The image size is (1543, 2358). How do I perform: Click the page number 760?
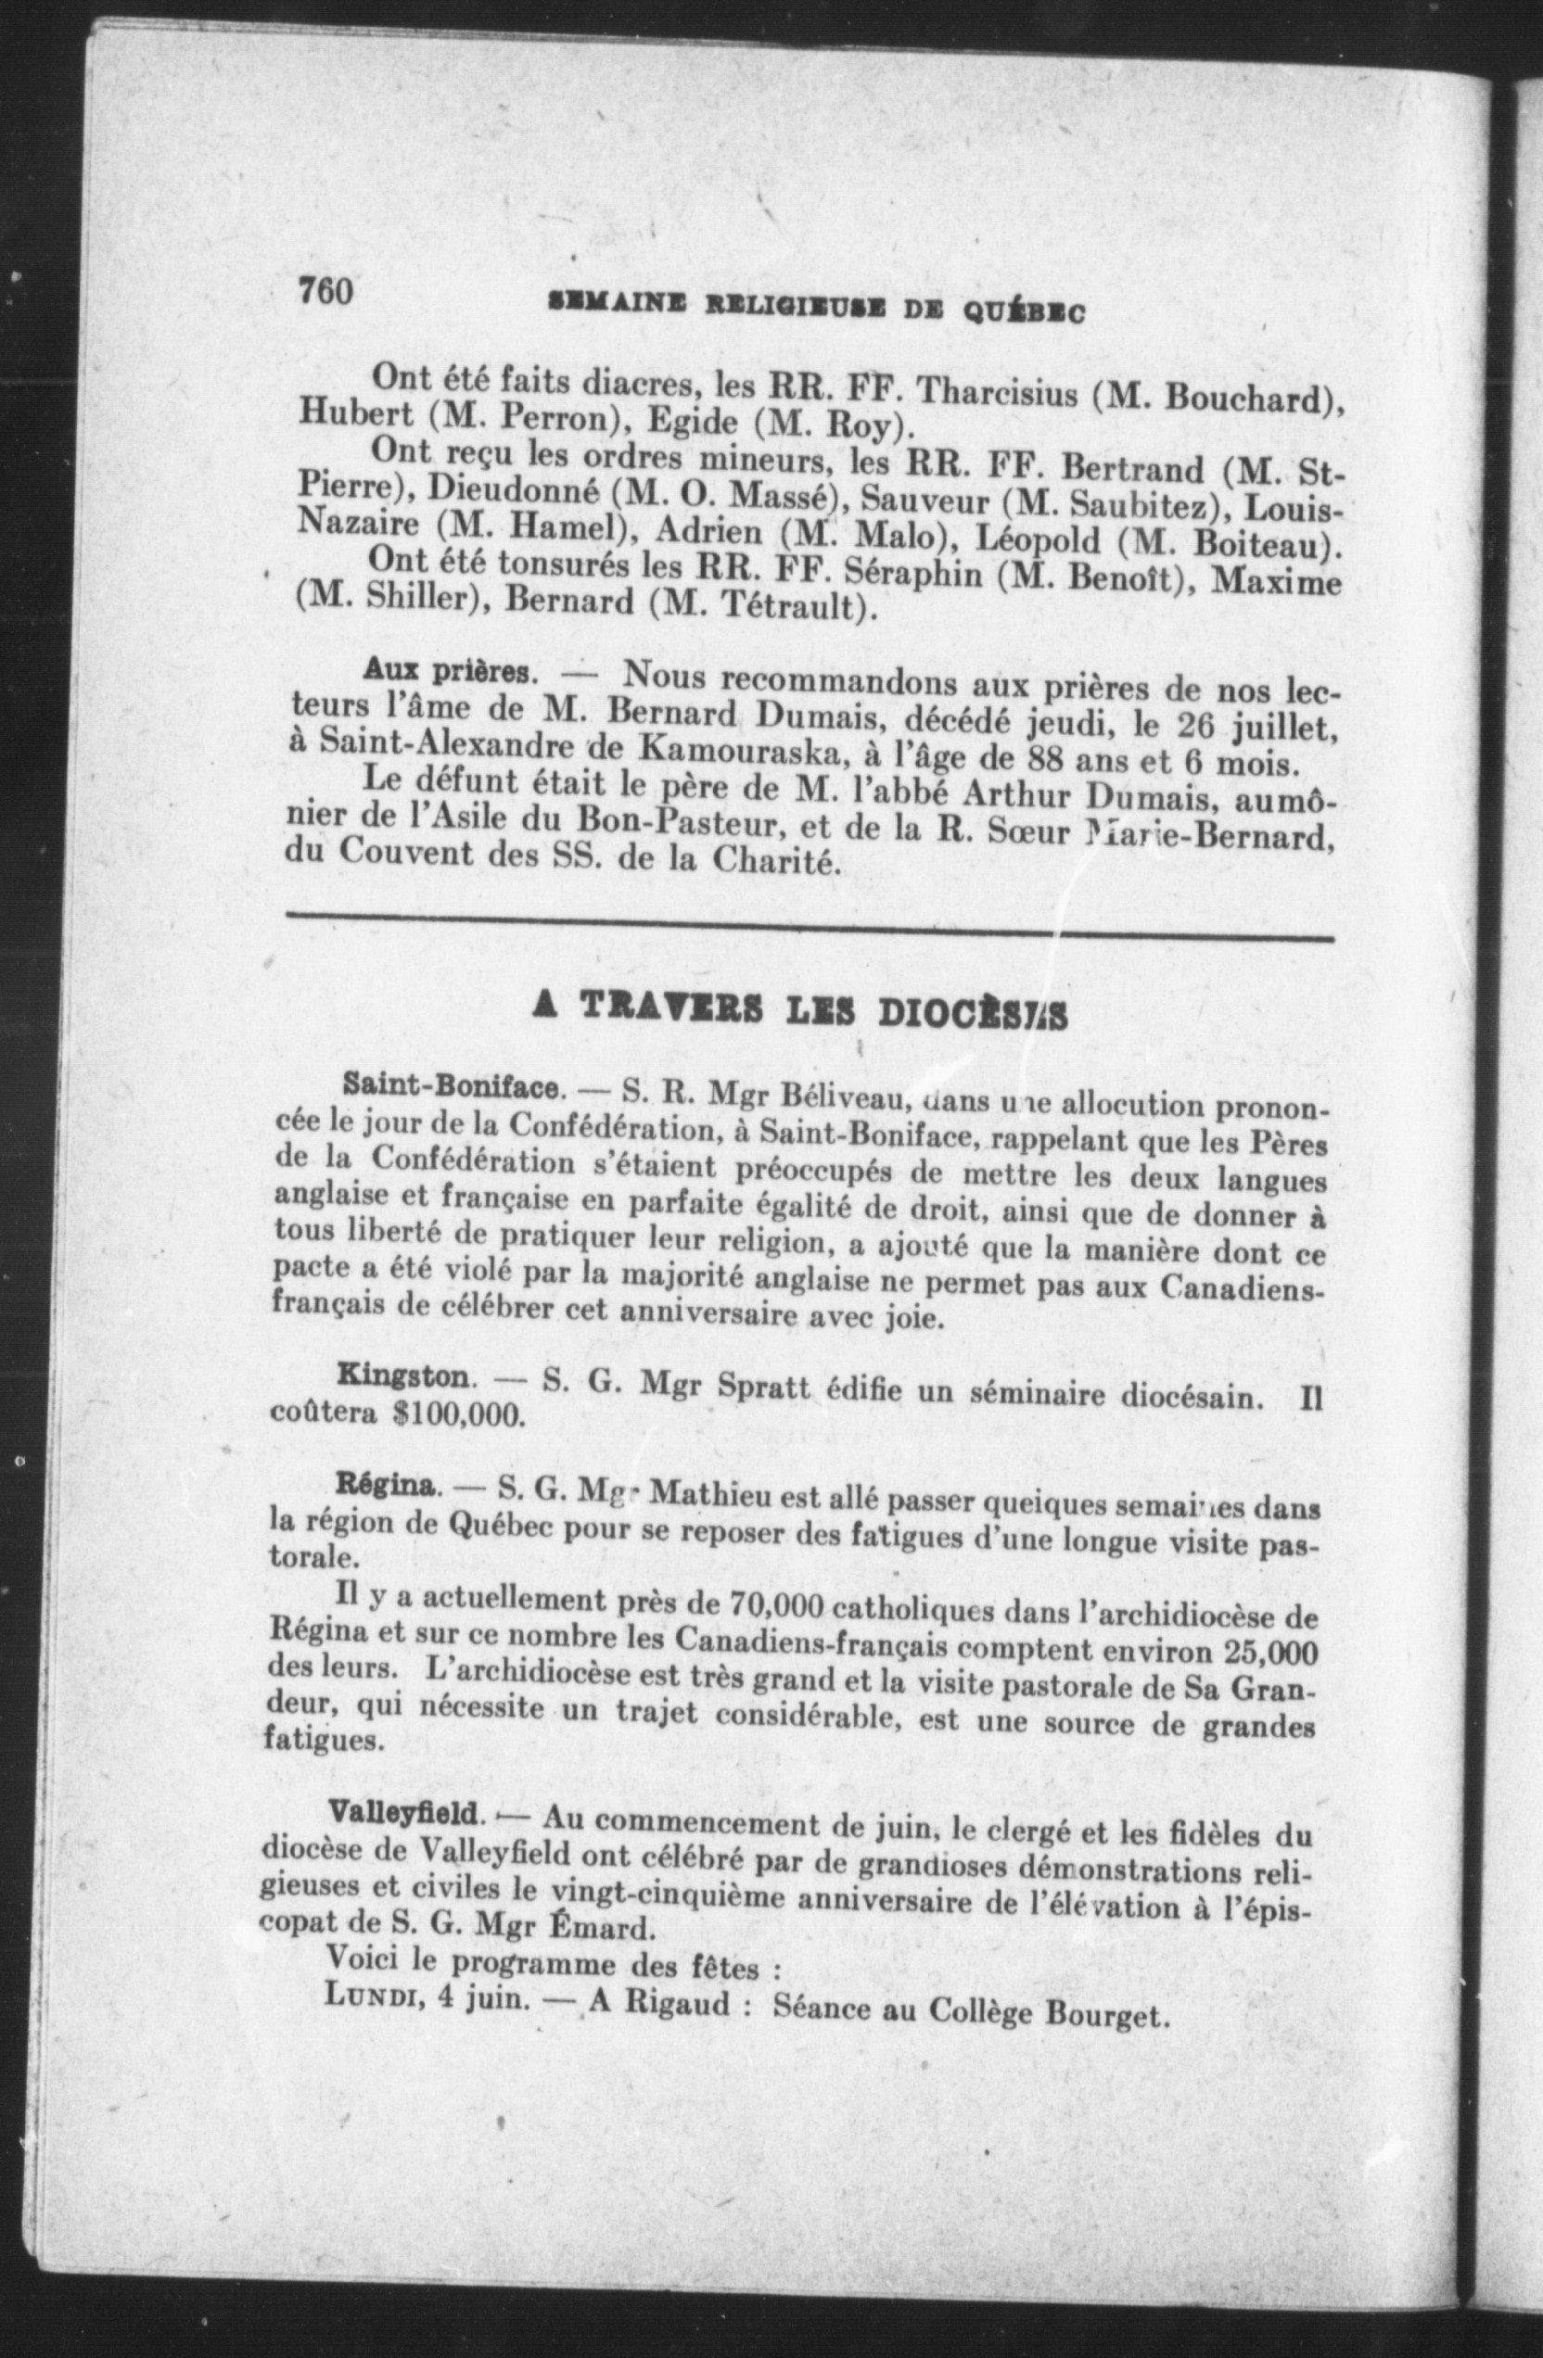(326, 291)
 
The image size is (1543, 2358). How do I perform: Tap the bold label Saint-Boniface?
(451, 1086)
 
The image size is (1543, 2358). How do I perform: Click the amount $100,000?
(458, 1414)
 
